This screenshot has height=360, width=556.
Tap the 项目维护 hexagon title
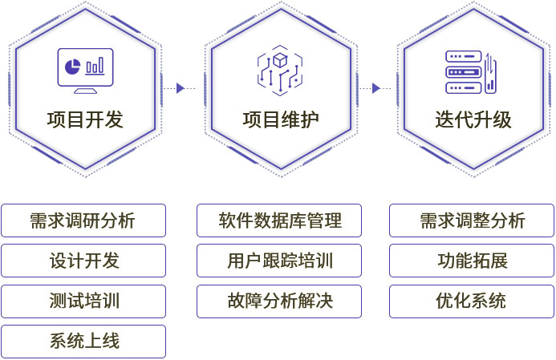280,120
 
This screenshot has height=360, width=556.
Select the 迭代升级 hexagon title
473,120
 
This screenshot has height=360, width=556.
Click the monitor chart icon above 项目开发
85,68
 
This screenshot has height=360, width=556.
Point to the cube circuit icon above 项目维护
280,69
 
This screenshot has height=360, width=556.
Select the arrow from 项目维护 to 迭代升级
375,87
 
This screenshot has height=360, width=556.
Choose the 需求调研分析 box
83,220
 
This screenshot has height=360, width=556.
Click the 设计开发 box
83,261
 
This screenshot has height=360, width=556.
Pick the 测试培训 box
83,301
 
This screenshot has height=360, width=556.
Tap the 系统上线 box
83,342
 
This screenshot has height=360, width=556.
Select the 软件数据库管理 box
279,220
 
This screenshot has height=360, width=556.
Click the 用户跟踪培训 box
279,261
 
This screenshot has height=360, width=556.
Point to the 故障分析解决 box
279,301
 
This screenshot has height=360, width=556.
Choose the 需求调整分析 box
472,220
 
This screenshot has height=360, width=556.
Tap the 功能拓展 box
472,261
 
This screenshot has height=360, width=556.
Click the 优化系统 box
472,301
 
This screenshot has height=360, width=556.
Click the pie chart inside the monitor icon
71,63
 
